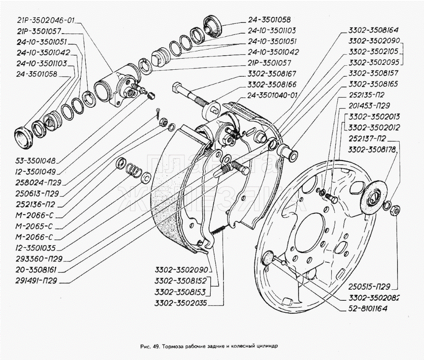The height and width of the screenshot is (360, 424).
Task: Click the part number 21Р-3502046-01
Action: pyautogui.click(x=41, y=20)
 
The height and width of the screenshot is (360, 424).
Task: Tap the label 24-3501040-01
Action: pyautogui.click(x=273, y=95)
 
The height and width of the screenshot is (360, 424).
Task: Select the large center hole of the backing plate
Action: pyautogui.click(x=311, y=229)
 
